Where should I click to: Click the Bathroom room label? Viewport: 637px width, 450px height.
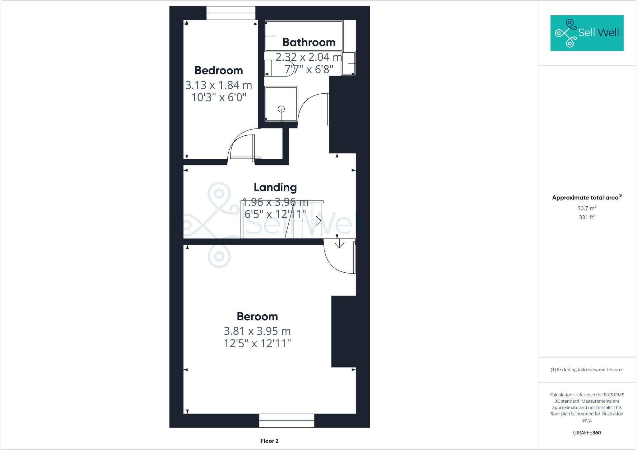(309, 42)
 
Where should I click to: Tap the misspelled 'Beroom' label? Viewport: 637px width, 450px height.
(257, 316)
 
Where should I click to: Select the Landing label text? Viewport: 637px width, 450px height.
(275, 187)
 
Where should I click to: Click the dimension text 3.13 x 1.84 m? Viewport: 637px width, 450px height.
(218, 85)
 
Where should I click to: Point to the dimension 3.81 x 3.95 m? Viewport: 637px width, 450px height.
(257, 331)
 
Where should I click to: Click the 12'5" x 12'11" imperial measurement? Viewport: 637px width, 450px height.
(257, 344)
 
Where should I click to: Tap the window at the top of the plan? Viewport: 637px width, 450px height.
(231, 13)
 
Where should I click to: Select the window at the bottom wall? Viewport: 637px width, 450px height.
(286, 420)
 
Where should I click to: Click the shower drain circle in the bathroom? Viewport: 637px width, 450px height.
(281, 109)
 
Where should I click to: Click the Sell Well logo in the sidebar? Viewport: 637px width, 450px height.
(587, 33)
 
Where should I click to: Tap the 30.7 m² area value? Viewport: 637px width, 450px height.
(587, 208)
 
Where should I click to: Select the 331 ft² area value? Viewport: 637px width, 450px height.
(587, 217)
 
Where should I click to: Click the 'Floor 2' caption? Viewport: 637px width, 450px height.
(269, 441)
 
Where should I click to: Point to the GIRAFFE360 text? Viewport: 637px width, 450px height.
(587, 433)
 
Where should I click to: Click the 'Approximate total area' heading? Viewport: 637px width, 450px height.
(586, 197)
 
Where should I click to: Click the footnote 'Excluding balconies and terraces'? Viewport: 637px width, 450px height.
(587, 370)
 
